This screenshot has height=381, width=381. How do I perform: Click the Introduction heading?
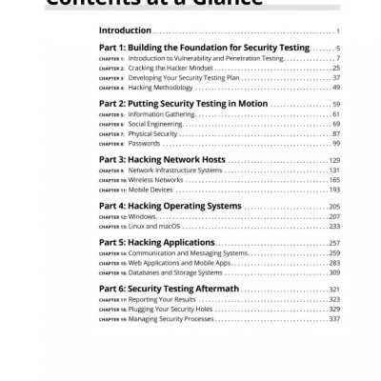point(125,31)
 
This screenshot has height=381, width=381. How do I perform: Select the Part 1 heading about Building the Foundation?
point(204,48)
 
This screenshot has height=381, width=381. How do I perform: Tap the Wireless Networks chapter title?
point(155,180)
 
